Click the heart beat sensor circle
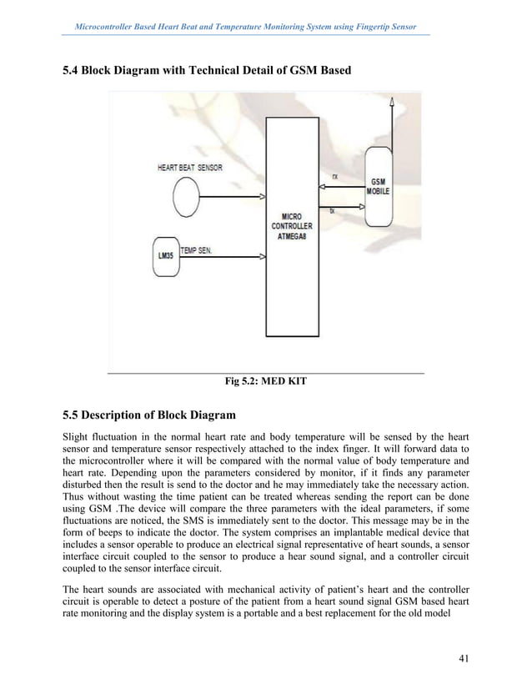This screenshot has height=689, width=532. (186, 199)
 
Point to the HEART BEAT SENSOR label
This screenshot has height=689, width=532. (190, 168)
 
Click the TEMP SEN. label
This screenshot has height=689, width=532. (197, 249)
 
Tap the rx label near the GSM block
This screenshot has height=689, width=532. (334, 177)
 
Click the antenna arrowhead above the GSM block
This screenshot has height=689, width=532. (393, 99)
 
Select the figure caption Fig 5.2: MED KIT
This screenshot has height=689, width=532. (266, 383)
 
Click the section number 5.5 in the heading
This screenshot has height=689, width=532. (73, 414)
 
